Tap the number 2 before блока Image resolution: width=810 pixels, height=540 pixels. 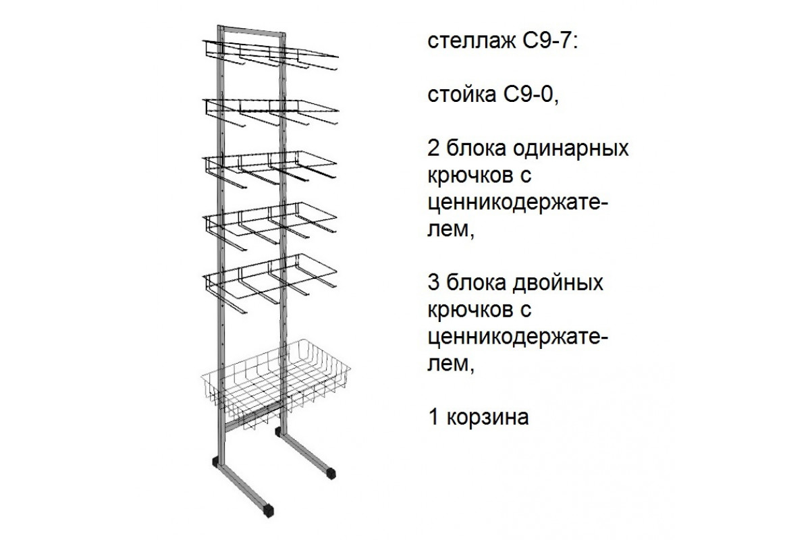(x=434, y=147)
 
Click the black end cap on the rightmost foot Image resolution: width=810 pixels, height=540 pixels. (x=331, y=473)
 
